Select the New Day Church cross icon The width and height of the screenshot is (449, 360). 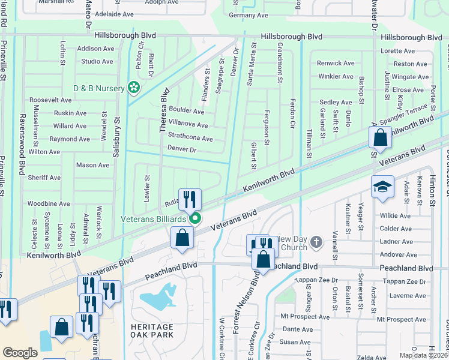[x=316, y=244]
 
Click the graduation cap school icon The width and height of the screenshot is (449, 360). [x=382, y=187]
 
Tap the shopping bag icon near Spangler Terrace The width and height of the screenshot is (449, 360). [x=381, y=138]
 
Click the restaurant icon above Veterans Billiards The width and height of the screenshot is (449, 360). [x=190, y=199]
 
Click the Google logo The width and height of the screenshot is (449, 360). [x=20, y=353]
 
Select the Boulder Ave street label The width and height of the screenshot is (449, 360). [x=186, y=111]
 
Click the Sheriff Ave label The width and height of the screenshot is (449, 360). [x=44, y=178]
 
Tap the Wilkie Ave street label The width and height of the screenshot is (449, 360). [x=394, y=215]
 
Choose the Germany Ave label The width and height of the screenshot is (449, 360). [x=249, y=15]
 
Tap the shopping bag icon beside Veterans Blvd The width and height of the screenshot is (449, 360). [x=182, y=238]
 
